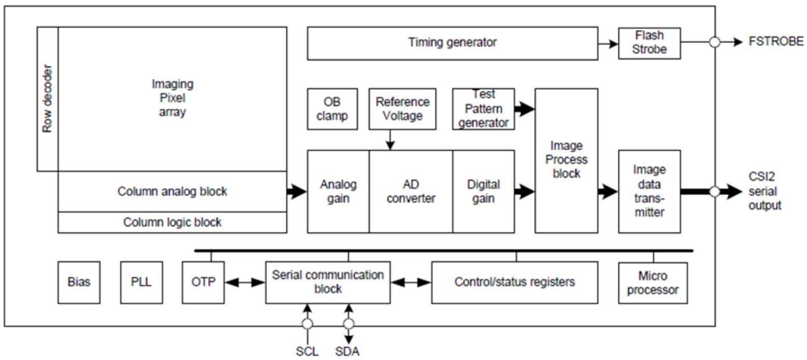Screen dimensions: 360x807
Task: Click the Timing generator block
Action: coord(452,43)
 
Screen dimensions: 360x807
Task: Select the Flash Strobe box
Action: coord(649,43)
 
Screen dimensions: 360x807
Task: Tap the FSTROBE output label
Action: coord(776,42)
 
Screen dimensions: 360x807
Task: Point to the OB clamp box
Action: coord(332,109)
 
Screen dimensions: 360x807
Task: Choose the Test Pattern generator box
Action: coord(483,109)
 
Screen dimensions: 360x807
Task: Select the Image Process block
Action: coord(566,160)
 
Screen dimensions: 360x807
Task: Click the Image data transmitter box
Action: coord(649,191)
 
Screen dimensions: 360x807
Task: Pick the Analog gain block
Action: coord(338,191)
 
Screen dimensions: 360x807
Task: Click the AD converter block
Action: coord(411,191)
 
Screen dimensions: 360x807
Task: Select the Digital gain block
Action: coord(483,191)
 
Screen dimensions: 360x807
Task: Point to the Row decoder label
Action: coord(48,98)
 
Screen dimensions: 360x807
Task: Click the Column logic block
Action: coord(172,222)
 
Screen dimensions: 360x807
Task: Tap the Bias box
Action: coord(79,282)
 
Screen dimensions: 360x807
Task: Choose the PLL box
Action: coord(141,282)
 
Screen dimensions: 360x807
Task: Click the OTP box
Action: coord(203,282)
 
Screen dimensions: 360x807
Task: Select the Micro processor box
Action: coord(653,282)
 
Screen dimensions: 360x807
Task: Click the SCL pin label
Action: coord(307,351)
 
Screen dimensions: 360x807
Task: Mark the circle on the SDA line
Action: coord(349,324)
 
